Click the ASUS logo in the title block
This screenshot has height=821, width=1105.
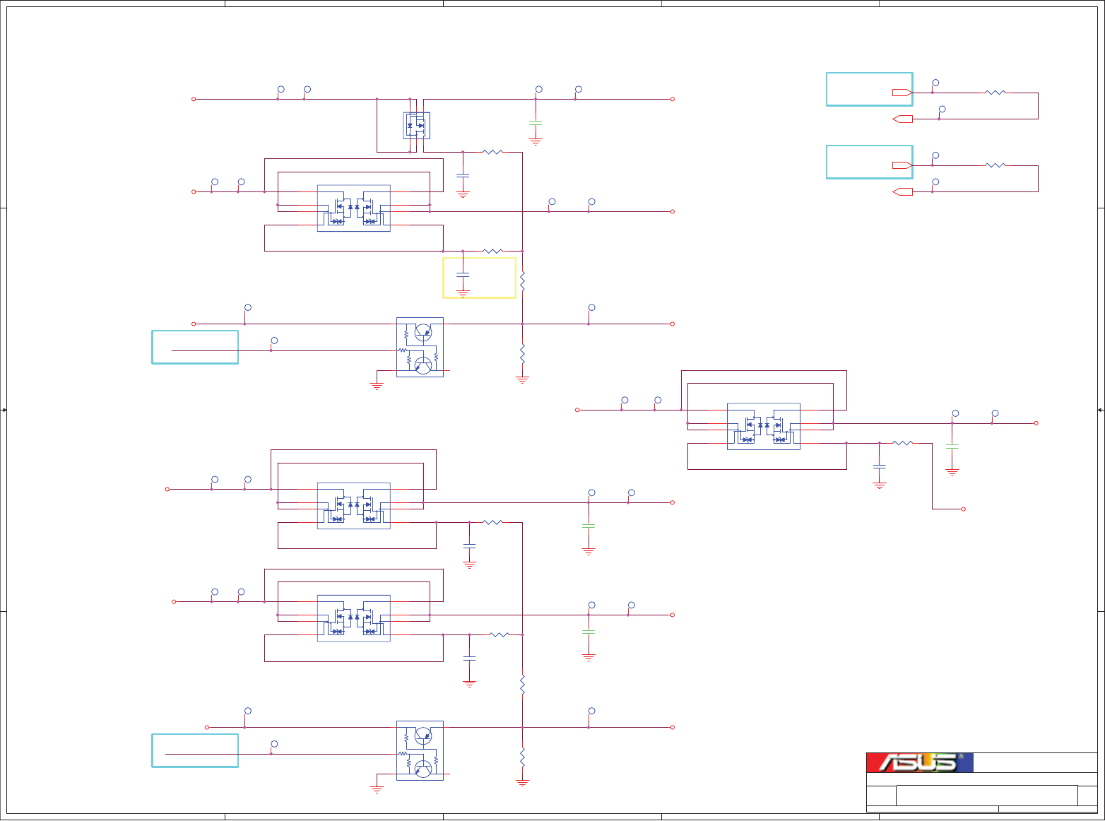pos(919,762)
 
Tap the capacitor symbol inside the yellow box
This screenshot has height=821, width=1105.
pos(463,273)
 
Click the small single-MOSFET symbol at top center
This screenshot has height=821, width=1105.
pos(417,126)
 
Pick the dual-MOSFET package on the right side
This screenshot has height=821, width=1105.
pos(764,427)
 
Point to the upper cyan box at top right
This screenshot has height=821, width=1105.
pos(869,89)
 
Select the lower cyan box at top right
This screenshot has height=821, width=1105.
pos(869,162)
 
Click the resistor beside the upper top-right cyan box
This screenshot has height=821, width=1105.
pos(995,93)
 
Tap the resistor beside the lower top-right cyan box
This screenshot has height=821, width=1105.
pos(995,165)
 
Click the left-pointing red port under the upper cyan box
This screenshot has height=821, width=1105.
pos(902,119)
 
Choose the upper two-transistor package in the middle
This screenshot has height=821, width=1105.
pos(420,347)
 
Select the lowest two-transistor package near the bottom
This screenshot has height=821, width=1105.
pos(420,750)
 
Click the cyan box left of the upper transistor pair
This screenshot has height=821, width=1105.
pos(195,347)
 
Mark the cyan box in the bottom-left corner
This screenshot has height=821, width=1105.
pos(195,750)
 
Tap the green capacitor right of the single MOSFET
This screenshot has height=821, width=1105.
pos(536,124)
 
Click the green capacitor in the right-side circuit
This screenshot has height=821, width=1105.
pos(952,447)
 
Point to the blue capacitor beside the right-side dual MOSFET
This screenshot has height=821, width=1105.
pos(880,467)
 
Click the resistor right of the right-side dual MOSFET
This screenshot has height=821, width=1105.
pos(902,443)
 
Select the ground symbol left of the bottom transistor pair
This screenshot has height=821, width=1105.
pos(377,788)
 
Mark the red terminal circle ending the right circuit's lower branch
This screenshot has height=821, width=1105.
pos(963,509)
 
